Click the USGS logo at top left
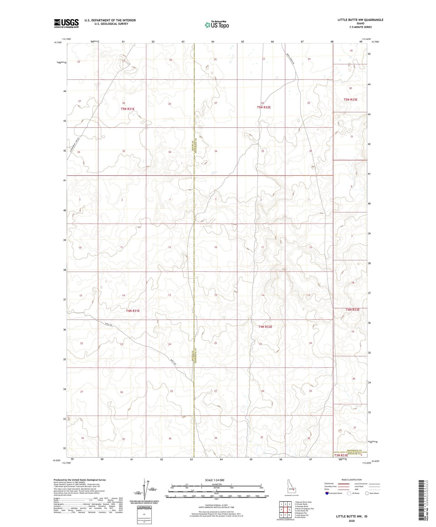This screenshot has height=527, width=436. point(66,23)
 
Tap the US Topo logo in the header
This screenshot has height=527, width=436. point(217,25)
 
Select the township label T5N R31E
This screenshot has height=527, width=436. point(128,109)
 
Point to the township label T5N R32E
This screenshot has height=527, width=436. point(264,107)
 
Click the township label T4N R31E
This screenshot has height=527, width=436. point(133,311)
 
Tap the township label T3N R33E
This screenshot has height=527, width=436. point(341,455)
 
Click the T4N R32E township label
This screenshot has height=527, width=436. point(265,327)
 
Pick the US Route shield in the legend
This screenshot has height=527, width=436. point(349,493)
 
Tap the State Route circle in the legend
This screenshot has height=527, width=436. point(367,493)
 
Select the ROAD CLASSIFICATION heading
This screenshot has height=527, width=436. point(352,480)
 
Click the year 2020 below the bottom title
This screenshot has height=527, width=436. point(351,521)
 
